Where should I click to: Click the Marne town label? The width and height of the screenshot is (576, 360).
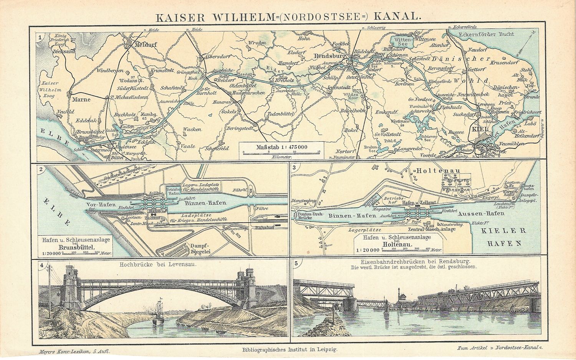pos(81,99)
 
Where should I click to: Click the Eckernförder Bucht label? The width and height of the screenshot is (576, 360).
pos(482,34)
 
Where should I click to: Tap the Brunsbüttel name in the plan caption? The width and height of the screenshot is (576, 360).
pos(74,248)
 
